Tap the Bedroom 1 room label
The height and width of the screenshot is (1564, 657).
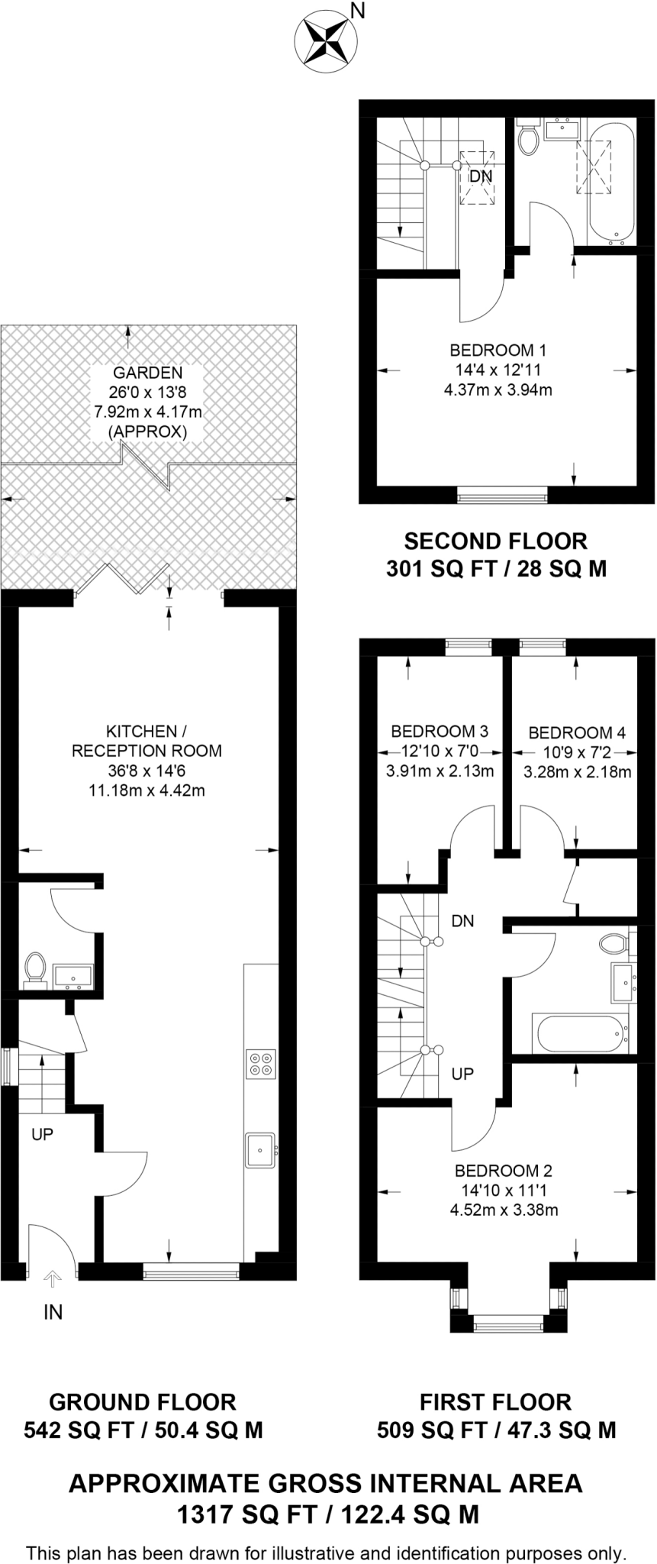pos(498,351)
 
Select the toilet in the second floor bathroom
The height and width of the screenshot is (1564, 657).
pos(528,138)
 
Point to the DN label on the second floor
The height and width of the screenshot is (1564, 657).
pos(481,176)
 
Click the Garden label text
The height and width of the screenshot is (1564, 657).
pos(148,373)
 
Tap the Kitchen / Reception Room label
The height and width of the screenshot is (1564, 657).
pos(147,741)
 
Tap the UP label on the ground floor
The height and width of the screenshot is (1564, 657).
pos(43,1135)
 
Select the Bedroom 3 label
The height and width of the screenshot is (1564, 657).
pos(440,732)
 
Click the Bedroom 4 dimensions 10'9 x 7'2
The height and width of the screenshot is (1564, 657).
pos(577,753)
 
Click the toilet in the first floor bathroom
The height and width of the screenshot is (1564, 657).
pos(613,944)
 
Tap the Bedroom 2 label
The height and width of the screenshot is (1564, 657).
pos(504,1171)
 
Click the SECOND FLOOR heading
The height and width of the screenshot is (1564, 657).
pos(495,541)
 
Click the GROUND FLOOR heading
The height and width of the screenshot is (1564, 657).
pos(143,1402)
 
